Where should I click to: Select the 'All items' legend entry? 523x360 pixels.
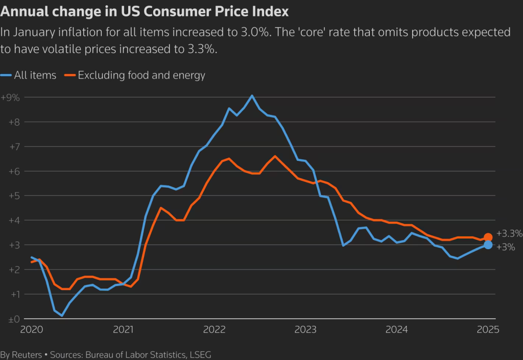tap(35, 76)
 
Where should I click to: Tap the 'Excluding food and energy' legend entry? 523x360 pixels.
tap(141, 76)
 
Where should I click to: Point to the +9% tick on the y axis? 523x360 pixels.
tap(10, 98)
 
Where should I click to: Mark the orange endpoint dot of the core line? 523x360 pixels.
tap(488, 237)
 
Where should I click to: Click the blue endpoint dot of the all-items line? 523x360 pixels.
tap(488, 245)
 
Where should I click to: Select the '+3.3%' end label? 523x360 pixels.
tap(509, 234)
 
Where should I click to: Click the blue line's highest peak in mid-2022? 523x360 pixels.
tap(252, 95)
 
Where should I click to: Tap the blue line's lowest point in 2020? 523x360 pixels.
tap(62, 316)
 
